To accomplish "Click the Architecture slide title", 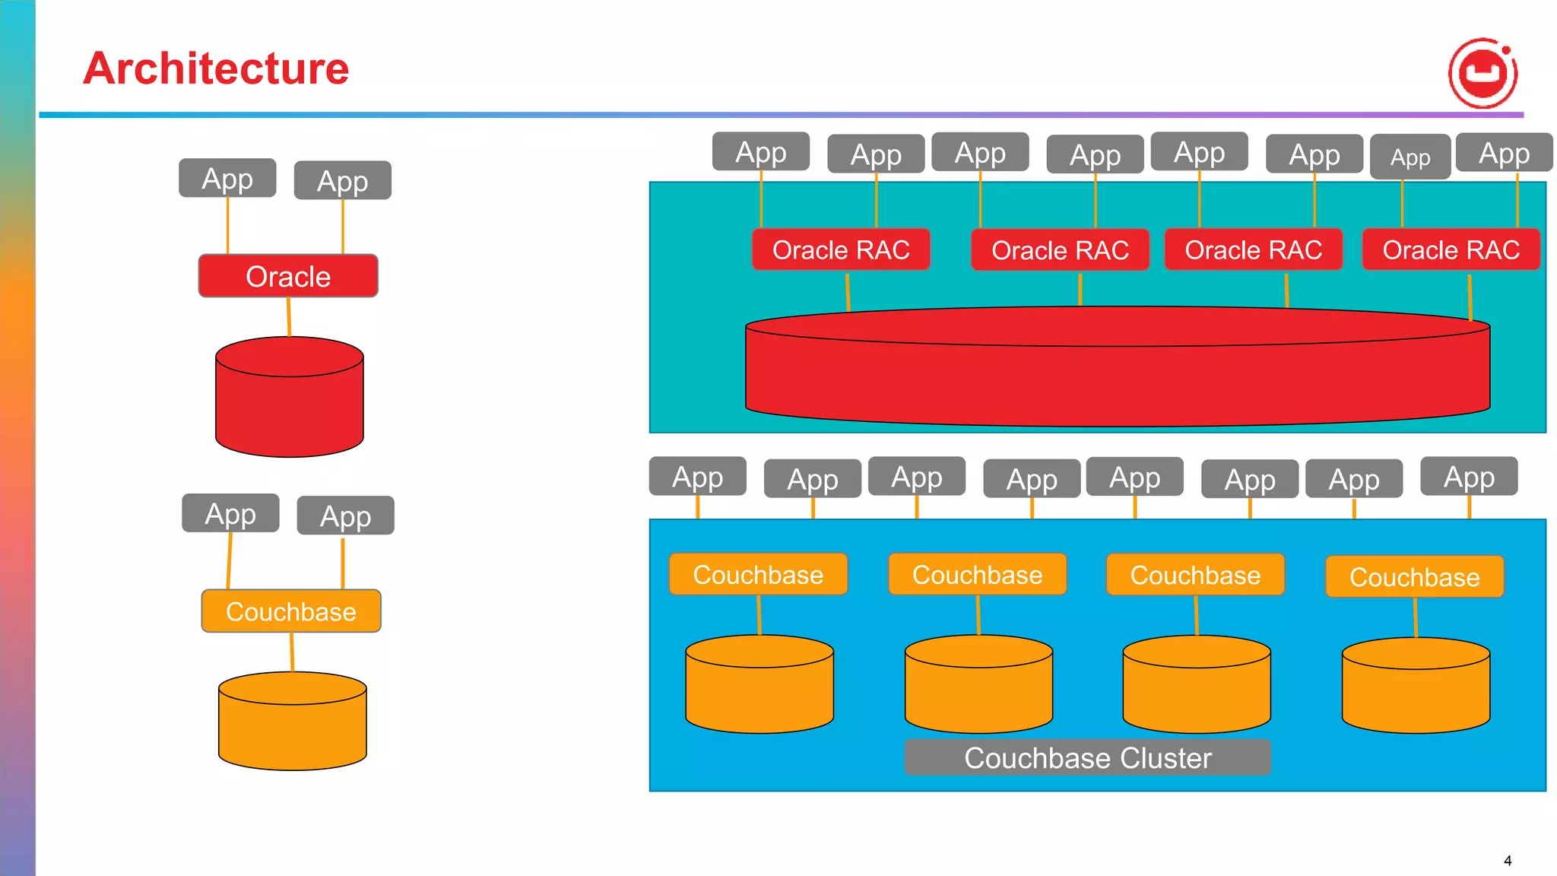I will pyautogui.click(x=216, y=68).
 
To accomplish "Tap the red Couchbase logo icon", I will pyautogui.click(x=1482, y=73).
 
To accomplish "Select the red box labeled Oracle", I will pyautogui.click(x=288, y=276).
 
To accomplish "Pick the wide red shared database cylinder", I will pyautogui.click(x=1118, y=376).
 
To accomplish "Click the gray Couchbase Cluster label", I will pyautogui.click(x=1087, y=758).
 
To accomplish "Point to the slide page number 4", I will pyautogui.click(x=1508, y=861).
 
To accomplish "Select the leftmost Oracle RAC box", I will pyautogui.click(x=841, y=249).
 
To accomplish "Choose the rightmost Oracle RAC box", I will pyautogui.click(x=1451, y=249).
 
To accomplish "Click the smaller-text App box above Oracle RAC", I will pyautogui.click(x=1410, y=157).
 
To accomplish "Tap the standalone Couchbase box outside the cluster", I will pyautogui.click(x=291, y=611).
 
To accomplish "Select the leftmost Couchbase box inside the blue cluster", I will pyautogui.click(x=758, y=575).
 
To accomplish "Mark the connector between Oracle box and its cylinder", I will pyautogui.click(x=289, y=316).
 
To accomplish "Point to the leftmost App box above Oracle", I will pyautogui.click(x=227, y=179).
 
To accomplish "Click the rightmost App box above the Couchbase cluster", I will pyautogui.click(x=1469, y=477).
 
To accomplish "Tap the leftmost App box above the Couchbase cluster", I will pyautogui.click(x=697, y=477).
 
